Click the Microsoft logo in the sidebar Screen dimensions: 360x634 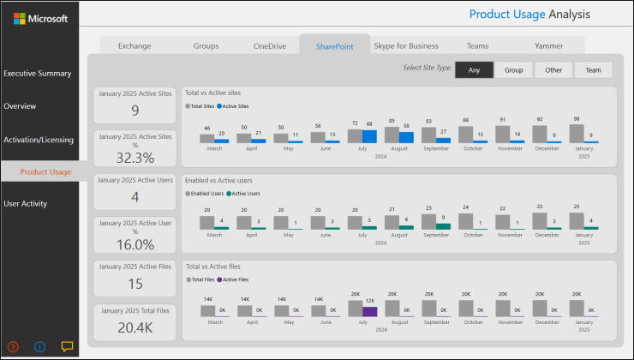[20, 19]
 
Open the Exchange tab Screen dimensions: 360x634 [135, 46]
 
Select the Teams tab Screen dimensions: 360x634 [477, 46]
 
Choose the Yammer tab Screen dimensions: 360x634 [548, 46]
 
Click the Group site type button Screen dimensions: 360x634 [514, 70]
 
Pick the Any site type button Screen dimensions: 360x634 [474, 70]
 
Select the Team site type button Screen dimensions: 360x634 [593, 70]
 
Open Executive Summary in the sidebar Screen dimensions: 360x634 [38, 74]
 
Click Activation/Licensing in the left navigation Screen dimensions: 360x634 [39, 140]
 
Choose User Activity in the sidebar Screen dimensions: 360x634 [26, 204]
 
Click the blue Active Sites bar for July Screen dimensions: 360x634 [369, 136]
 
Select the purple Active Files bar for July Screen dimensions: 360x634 [369, 311]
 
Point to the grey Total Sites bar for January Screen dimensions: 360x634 [577, 133]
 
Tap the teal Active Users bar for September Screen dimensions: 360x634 [443, 226]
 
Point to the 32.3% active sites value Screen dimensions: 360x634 [135, 158]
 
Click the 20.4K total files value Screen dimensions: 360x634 [135, 327]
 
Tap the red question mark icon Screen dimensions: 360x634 [13, 346]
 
